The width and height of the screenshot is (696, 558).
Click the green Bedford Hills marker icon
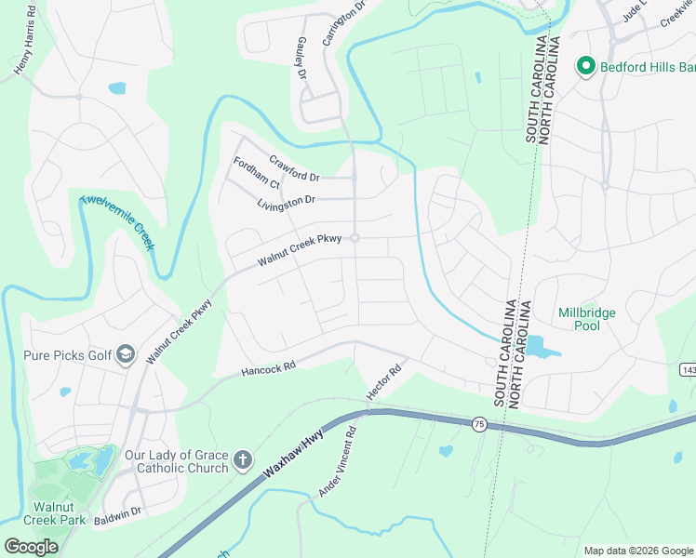585,66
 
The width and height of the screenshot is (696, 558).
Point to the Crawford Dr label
294,168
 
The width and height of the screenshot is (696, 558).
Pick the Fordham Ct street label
257,172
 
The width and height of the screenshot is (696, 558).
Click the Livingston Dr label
287,201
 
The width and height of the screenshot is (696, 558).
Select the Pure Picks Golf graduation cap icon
127,354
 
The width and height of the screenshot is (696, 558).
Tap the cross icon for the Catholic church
242,459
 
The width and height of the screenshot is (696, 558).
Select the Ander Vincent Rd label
338,462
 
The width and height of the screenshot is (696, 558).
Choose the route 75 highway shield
479,424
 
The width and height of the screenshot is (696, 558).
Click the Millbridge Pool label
586,320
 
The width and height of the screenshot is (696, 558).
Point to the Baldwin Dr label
116,512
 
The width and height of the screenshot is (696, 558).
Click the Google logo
31,546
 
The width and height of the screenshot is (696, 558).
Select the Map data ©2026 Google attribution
637,550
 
